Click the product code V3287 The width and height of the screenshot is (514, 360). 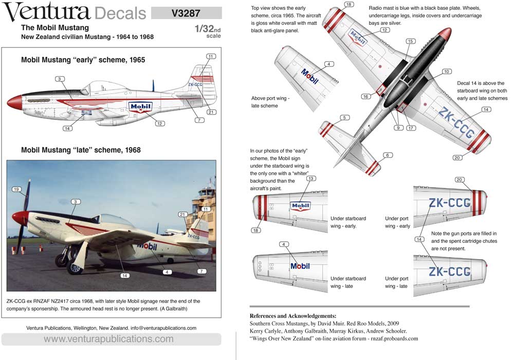coord(186,13)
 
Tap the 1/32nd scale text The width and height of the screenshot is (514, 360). coord(208,31)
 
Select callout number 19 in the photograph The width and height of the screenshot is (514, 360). coord(16,189)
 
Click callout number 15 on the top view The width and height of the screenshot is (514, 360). coord(410,41)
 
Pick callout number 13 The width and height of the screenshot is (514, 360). coord(311,178)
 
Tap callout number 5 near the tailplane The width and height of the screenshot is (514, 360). coord(344,118)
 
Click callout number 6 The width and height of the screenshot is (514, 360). coord(388,155)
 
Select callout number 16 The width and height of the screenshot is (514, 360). coord(365,96)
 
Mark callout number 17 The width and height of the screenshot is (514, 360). coord(411,128)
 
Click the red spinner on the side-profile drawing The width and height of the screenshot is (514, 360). coord(14,102)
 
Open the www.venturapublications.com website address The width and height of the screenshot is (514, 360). coord(108,339)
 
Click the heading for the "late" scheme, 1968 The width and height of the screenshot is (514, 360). coord(81,150)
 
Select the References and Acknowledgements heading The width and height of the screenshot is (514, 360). coord(293,316)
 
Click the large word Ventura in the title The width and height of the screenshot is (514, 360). coord(46,11)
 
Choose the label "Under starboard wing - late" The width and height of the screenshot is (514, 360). coord(348,282)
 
